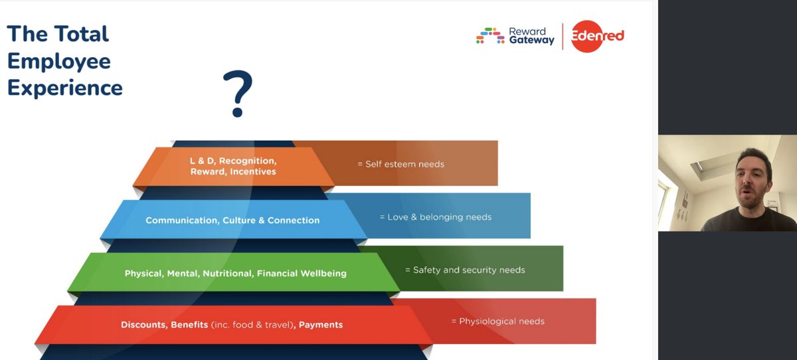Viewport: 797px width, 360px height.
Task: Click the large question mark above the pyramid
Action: pos(237,94)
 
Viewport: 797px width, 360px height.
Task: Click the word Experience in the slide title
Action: pos(65,88)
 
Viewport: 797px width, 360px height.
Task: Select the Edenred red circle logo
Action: pos(588,36)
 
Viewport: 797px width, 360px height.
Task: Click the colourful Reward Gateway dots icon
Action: pos(490,36)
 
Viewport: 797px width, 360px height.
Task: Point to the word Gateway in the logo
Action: pos(531,41)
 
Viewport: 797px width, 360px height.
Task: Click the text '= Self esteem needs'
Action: pos(400,164)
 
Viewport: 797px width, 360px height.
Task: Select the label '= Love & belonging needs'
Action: pos(435,217)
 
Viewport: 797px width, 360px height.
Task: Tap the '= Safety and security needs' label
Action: pos(465,270)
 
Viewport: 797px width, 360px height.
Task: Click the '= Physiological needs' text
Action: pos(497,321)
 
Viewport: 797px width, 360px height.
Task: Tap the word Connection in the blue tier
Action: pos(294,221)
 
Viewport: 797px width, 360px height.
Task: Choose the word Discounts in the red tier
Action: pos(143,325)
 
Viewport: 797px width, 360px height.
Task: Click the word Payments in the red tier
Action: pos(321,325)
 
